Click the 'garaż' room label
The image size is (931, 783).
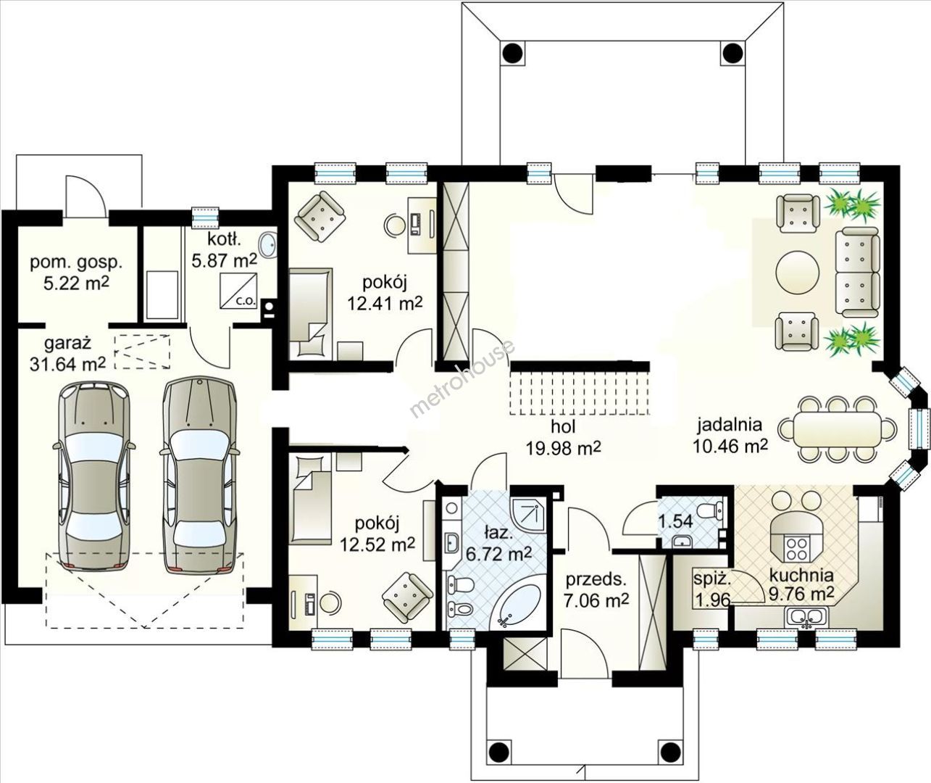(x=68, y=344)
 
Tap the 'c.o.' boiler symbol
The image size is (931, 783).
(x=239, y=291)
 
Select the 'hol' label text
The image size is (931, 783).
(x=563, y=426)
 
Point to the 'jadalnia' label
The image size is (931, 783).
(x=730, y=425)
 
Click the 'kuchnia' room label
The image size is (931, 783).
(x=801, y=575)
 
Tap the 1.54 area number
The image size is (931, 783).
(x=676, y=521)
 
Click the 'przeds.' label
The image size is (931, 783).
(x=596, y=579)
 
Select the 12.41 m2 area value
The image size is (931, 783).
(x=384, y=304)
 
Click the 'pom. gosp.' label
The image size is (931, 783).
(x=76, y=263)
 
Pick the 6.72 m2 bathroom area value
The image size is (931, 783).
(x=498, y=555)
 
